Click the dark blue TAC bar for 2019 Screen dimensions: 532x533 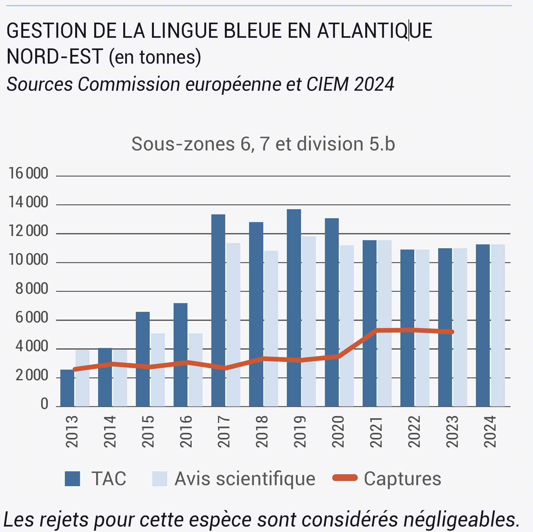[x=294, y=307]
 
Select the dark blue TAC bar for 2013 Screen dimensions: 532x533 [x=67, y=387]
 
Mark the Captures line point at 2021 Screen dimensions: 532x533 [x=377, y=330]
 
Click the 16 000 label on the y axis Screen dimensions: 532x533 [x=28, y=174]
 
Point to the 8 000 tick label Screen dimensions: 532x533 [x=32, y=289]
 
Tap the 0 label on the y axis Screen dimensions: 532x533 [x=44, y=404]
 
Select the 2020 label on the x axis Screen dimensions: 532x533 [x=338, y=432]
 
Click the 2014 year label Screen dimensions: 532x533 [x=110, y=432]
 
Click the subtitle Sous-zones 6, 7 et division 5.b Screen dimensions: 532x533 [x=263, y=144]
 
